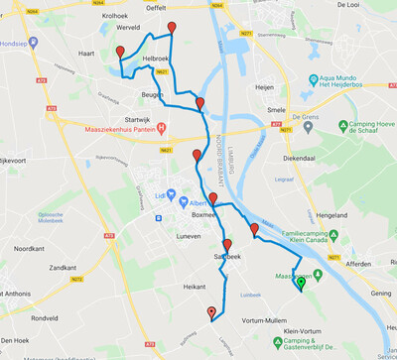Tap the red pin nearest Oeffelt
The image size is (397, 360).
click(172, 27)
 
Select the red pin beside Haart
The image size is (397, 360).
click(120, 52)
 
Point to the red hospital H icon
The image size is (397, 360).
click(162, 127)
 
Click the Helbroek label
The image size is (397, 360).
click(157, 60)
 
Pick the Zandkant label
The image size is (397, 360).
click(63, 268)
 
